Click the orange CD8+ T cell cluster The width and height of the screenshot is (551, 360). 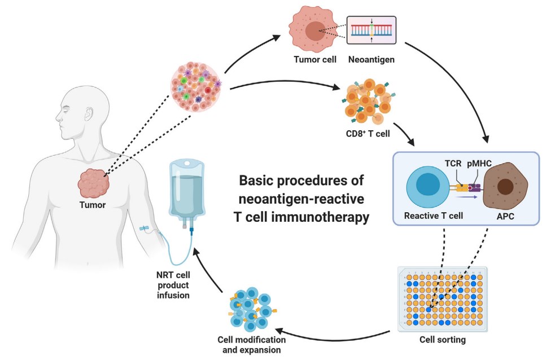pos(366,104)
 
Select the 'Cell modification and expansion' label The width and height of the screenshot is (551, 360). pos(251,345)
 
